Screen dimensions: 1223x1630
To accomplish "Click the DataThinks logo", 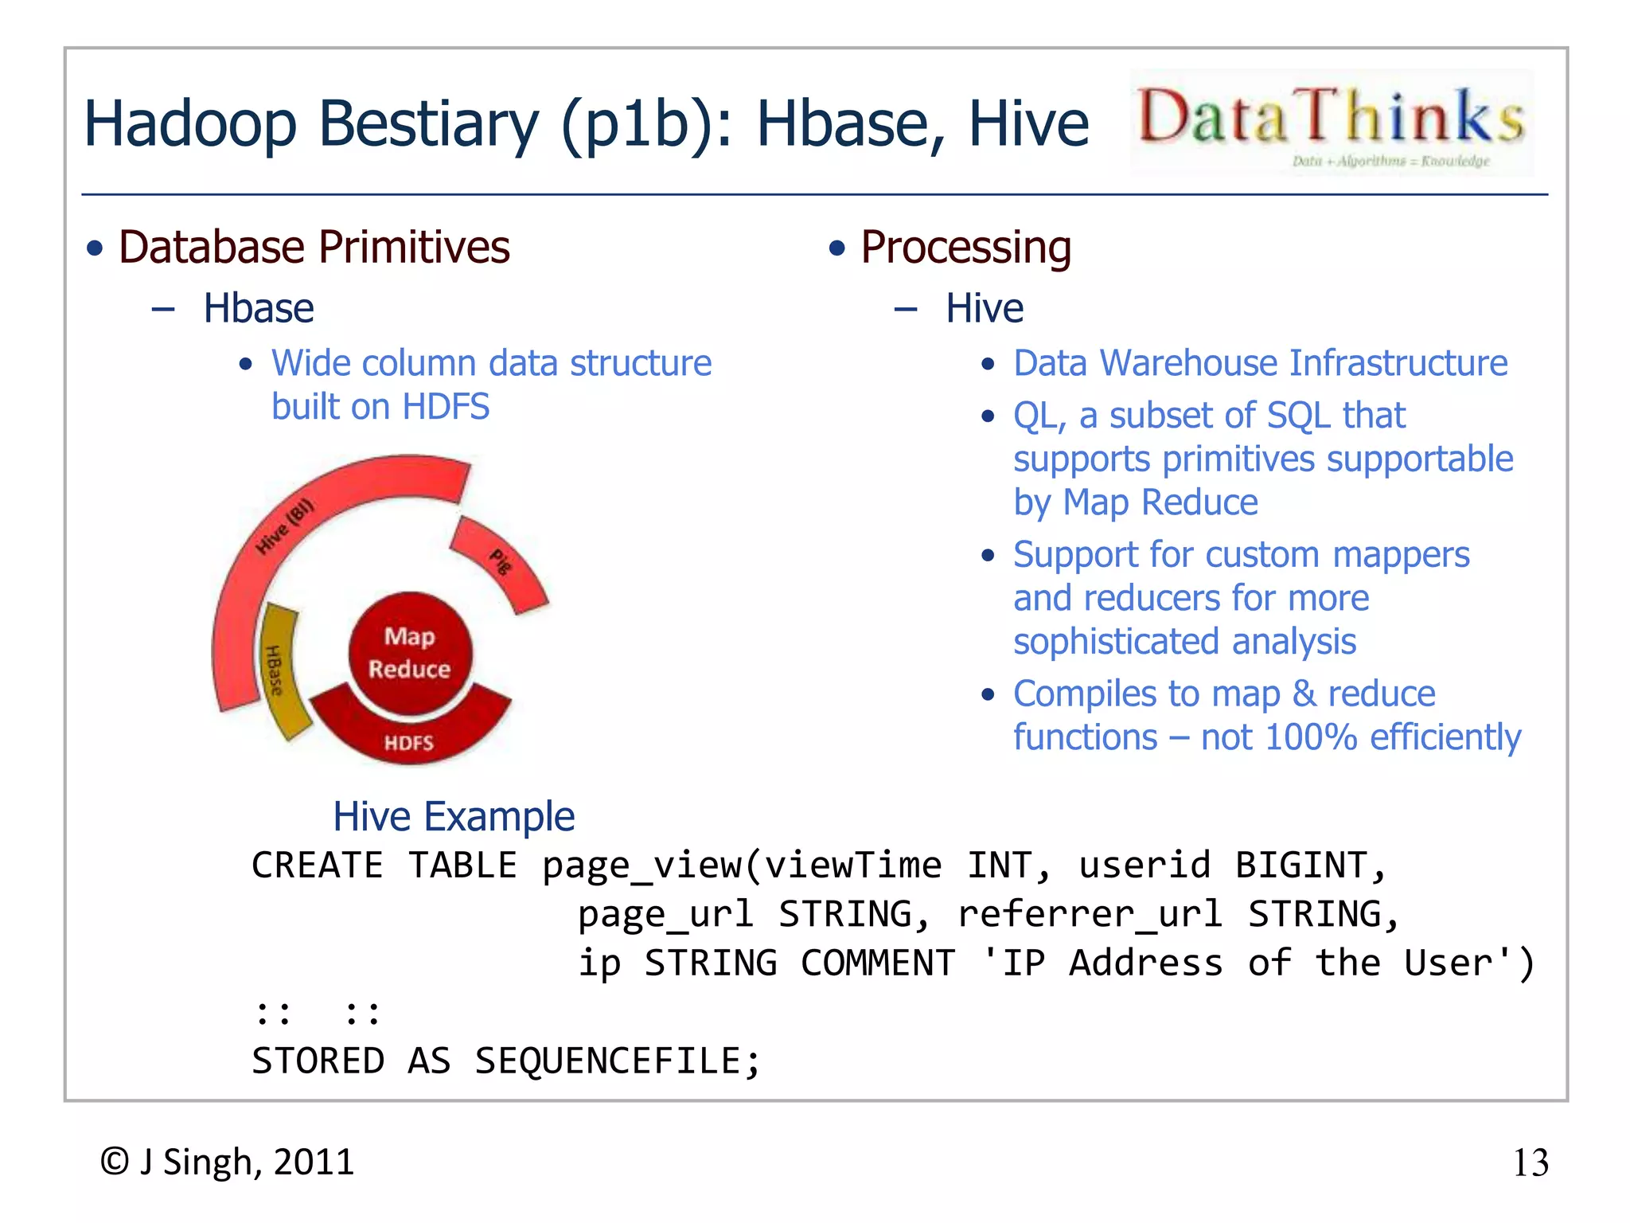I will tap(1331, 123).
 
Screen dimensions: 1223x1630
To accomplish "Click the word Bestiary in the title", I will tap(428, 125).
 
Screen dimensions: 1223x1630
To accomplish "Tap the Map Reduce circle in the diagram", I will tap(410, 653).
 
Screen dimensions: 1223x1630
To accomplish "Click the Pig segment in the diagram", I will tap(500, 562).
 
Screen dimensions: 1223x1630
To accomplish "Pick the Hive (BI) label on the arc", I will tap(284, 527).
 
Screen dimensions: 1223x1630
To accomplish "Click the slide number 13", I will tap(1530, 1163).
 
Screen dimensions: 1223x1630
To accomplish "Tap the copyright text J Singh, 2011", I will tap(228, 1162).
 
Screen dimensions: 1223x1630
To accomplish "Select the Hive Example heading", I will tap(454, 817).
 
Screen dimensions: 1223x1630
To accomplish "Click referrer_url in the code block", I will tap(1090, 914).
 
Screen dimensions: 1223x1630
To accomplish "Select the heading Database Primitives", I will tap(314, 247).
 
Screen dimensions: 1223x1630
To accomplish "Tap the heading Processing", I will tap(965, 248).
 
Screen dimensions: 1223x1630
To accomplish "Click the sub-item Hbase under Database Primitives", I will tap(259, 309).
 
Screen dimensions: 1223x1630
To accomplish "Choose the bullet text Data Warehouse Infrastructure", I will tap(1260, 364).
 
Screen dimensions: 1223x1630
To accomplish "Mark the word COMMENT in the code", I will tap(877, 963).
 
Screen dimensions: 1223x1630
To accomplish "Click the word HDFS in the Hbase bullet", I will tap(446, 408).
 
